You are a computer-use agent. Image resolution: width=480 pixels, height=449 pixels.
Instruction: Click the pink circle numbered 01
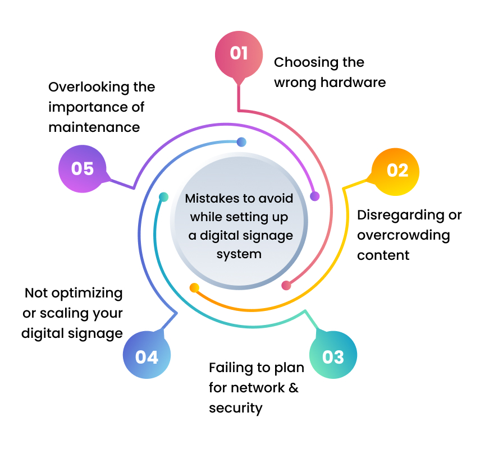(239, 53)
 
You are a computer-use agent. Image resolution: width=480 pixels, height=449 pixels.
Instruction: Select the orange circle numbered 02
(396, 171)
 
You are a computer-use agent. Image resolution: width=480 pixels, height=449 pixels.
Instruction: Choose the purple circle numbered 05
(82, 168)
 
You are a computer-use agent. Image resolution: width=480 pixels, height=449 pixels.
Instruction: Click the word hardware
(353, 83)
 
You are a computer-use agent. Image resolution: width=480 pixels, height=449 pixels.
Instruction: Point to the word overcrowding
(403, 235)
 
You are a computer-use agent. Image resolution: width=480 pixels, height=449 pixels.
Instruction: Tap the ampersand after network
(293, 388)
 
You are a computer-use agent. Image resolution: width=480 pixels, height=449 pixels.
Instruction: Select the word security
(235, 408)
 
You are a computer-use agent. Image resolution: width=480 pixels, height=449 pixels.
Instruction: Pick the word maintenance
(94, 127)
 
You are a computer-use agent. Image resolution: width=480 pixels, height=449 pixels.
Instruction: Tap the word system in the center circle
(240, 254)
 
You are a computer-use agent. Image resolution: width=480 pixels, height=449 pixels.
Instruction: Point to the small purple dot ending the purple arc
(314, 196)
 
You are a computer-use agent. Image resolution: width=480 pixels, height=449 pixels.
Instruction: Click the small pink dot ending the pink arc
(286, 285)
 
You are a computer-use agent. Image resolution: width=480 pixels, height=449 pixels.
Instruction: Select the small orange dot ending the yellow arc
(194, 288)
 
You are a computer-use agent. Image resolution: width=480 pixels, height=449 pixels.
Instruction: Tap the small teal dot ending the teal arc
(163, 197)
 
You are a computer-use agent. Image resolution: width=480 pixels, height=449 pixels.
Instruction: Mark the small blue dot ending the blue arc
(241, 142)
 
